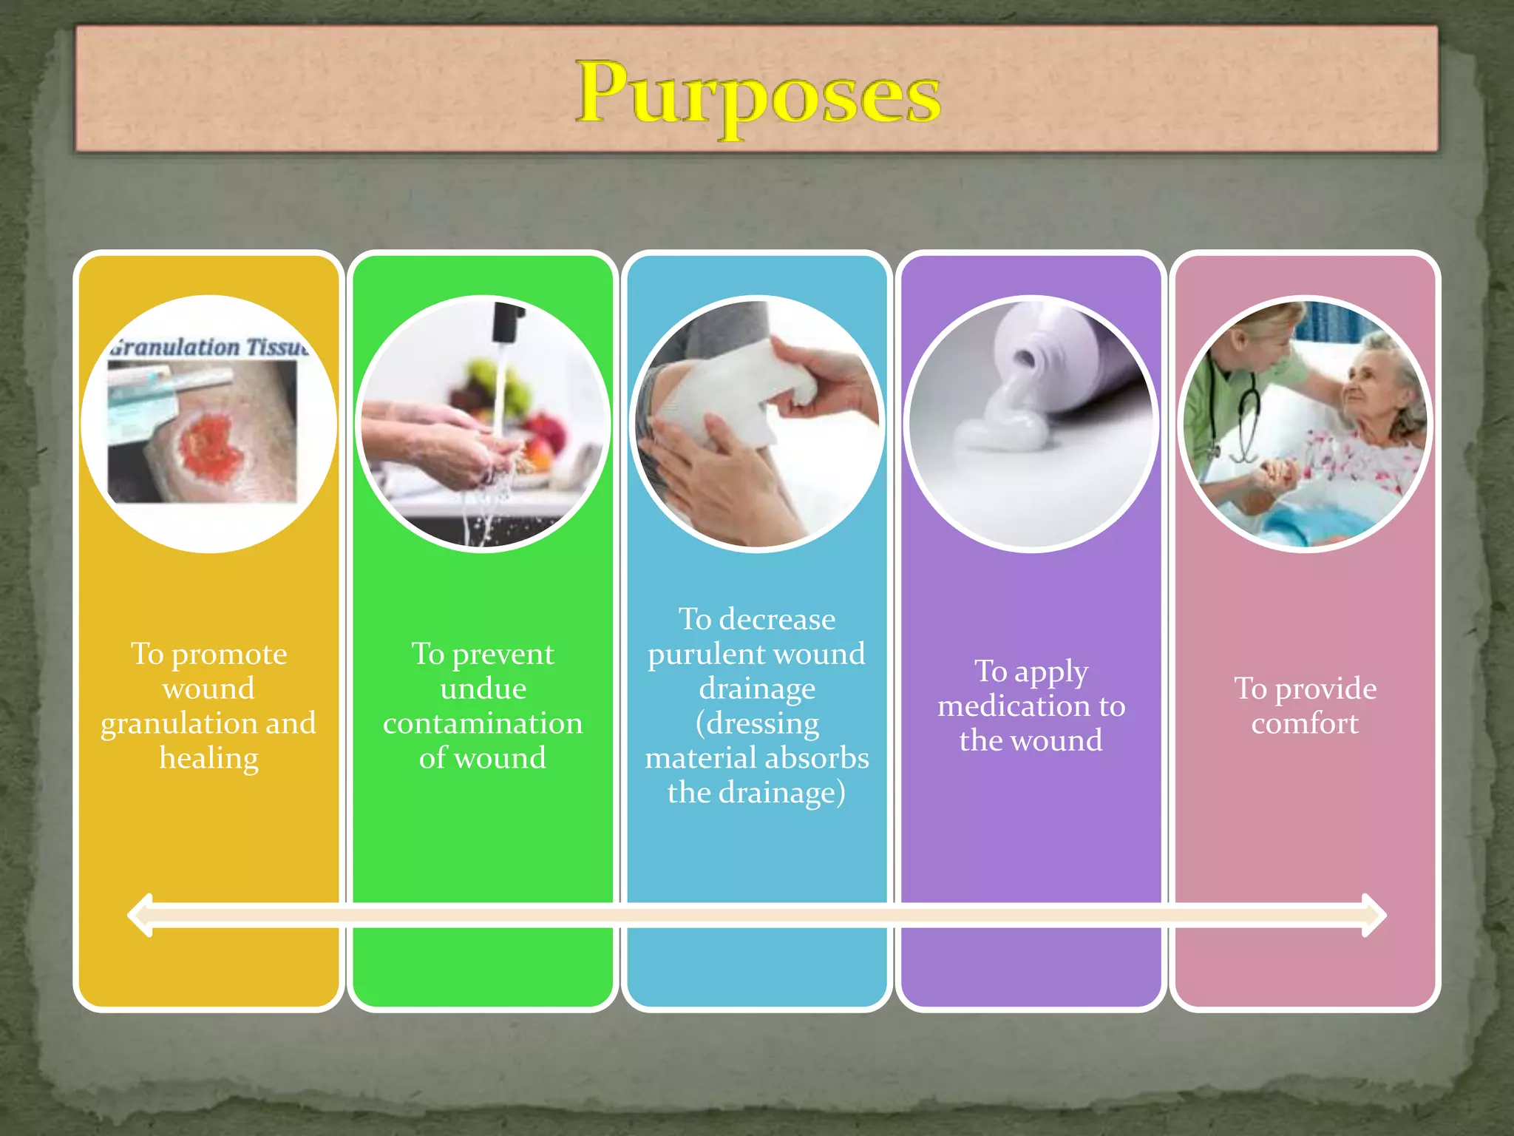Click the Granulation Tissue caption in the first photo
(209, 347)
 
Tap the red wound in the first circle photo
(211, 444)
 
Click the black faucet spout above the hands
(507, 322)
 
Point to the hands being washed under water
(458, 444)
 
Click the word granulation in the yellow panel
(177, 723)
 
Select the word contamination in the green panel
(483, 723)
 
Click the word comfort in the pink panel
(1305, 723)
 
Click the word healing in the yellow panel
(209, 758)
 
